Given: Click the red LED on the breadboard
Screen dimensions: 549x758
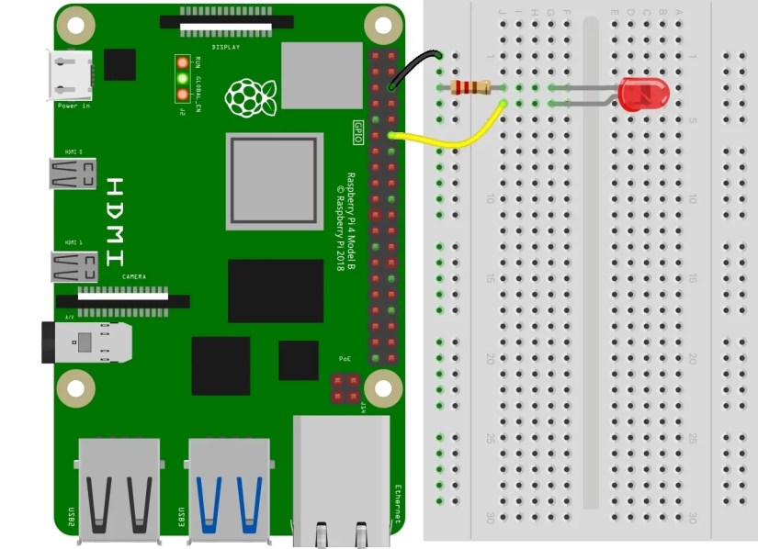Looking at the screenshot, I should [644, 95].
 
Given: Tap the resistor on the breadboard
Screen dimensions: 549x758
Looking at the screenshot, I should [472, 88].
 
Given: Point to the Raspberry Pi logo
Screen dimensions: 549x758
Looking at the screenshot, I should [251, 97].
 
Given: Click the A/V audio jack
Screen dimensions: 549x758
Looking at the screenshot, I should [86, 342].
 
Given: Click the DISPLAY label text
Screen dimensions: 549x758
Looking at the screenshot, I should [225, 46].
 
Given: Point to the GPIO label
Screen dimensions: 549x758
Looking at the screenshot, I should [358, 129].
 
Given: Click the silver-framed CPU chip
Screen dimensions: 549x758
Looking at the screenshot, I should [275, 181].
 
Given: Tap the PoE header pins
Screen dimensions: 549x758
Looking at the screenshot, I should [345, 388].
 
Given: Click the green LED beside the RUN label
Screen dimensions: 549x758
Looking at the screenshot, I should [182, 79].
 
